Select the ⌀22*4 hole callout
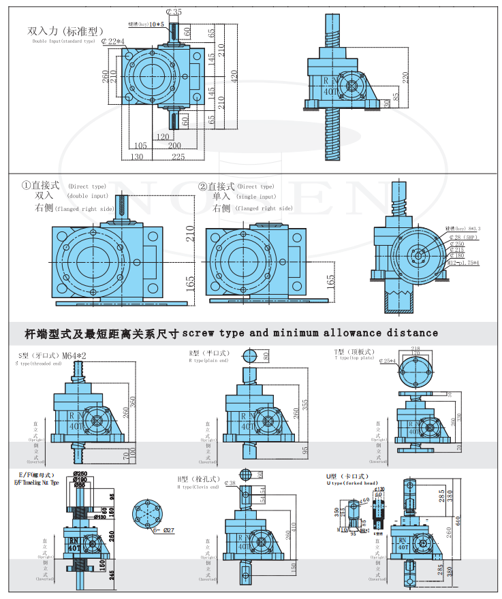112,42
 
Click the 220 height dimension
406,78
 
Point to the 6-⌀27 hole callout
164,531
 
